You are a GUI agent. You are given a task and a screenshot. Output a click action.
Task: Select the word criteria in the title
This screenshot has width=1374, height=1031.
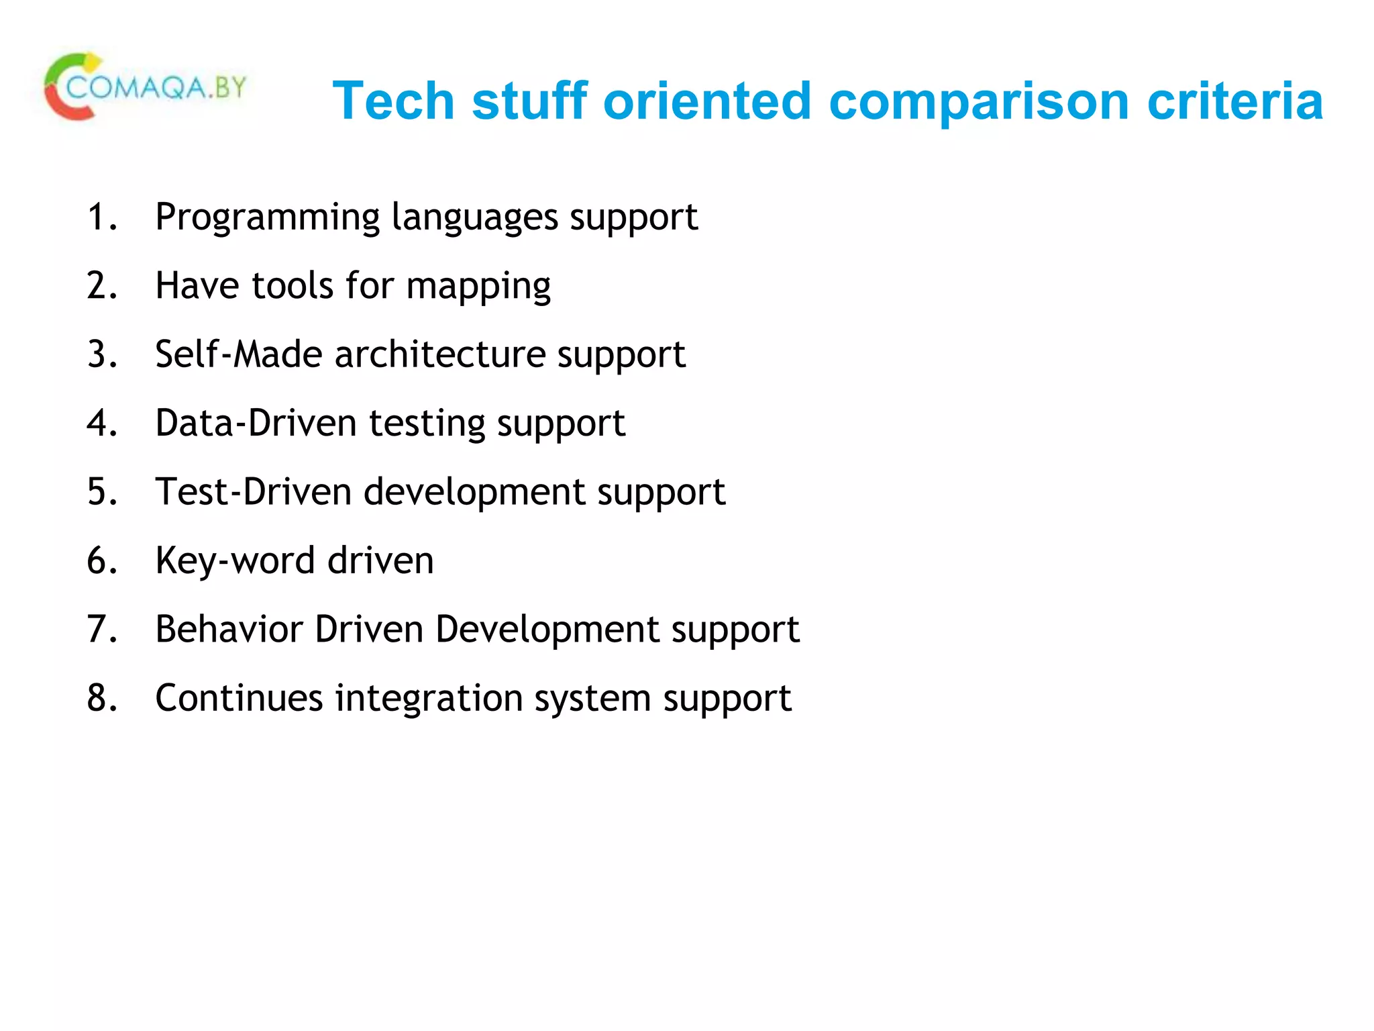[1235, 101]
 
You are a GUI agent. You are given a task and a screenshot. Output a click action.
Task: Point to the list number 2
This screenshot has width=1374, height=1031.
[101, 285]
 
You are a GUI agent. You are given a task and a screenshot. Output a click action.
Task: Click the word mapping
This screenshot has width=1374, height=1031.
[478, 287]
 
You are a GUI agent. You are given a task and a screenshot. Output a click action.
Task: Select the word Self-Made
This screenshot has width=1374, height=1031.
[238, 354]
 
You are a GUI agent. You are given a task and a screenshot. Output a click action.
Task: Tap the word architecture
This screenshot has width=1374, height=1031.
[439, 354]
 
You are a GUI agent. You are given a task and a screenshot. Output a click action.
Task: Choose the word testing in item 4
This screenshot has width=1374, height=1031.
[427, 425]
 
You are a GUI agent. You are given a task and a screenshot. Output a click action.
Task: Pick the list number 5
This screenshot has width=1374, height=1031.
[101, 492]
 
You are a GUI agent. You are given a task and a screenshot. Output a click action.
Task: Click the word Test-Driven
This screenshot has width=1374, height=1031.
[253, 492]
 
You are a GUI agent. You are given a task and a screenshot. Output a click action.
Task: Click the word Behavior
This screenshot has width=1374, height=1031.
[228, 630]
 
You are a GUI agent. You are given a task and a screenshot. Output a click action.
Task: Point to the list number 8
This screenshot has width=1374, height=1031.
[101, 698]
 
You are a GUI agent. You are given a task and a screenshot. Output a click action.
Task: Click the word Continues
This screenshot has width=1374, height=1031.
[239, 698]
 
